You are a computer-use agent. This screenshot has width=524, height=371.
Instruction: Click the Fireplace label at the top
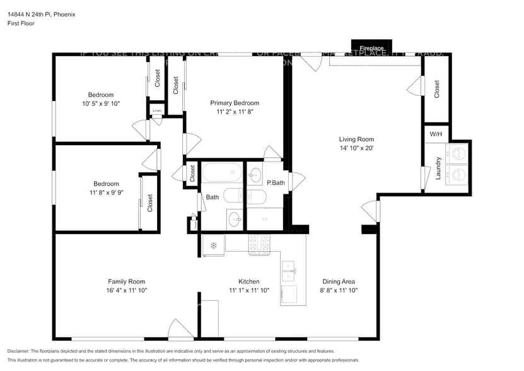point(371,48)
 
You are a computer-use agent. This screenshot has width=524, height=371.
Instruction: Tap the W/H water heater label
point(436,134)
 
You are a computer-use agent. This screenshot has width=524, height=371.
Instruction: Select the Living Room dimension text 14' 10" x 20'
point(356,148)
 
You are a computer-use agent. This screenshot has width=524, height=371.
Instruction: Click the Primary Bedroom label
point(234,103)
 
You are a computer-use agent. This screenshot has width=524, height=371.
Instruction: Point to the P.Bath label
point(276,183)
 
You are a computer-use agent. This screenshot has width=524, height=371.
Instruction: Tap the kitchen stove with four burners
point(259,244)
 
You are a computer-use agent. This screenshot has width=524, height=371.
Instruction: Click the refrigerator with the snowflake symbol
point(213,245)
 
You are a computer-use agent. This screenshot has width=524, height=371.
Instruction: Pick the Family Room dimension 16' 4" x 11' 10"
point(126,290)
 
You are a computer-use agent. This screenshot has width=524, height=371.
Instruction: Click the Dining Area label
point(339,281)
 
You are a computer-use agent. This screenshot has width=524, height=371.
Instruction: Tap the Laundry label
point(437,168)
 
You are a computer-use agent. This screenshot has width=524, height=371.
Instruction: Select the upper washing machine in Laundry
point(457,153)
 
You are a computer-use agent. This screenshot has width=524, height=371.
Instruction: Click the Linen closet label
point(156,110)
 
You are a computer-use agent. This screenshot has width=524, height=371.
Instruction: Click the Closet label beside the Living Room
point(436,88)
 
